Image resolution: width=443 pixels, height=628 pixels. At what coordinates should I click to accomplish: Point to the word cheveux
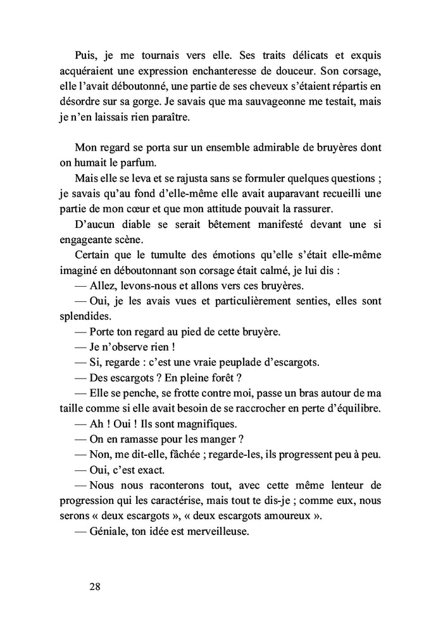[x=264, y=84]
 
